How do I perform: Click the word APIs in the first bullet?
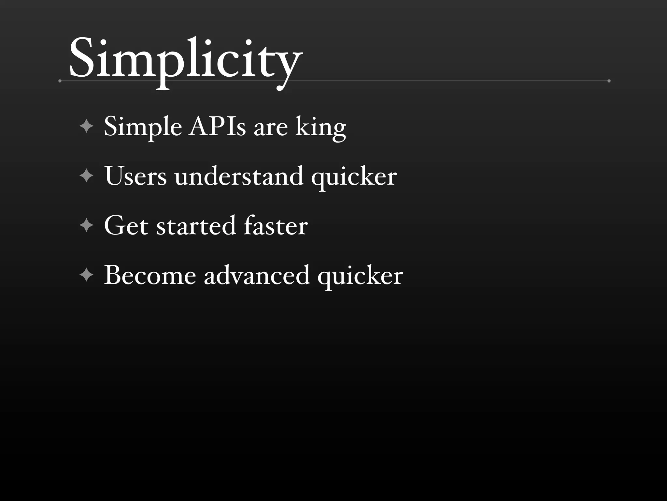pos(217,127)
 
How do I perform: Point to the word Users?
pos(135,176)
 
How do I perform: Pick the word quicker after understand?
pos(354,178)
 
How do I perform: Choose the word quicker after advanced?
pos(360,277)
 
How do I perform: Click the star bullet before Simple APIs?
pos(86,126)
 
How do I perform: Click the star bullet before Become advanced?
pos(86,275)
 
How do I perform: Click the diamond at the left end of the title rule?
pos(60,81)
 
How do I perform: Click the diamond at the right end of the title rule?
pos(609,81)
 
